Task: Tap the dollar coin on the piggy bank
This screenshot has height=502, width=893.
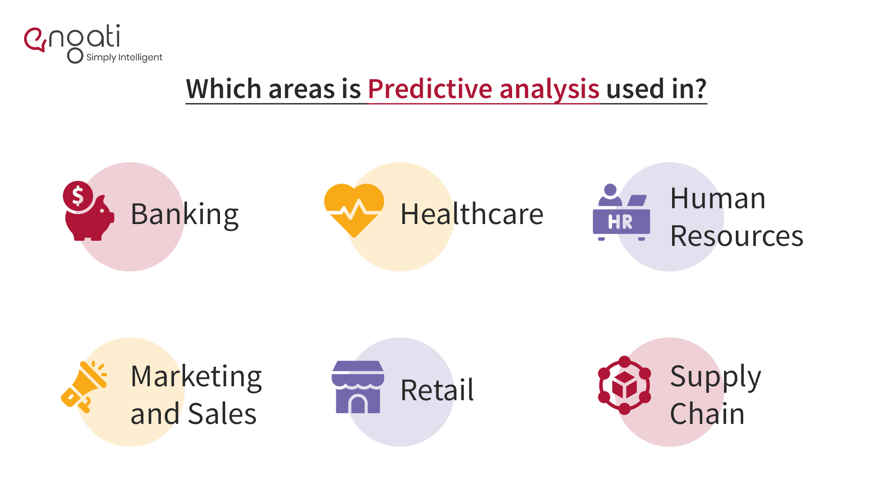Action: [x=78, y=196]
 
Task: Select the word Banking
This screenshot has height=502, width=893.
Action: [x=185, y=215]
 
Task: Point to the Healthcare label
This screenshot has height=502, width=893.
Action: [x=472, y=215]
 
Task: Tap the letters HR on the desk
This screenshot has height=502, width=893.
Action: [x=620, y=222]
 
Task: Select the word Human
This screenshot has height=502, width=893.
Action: [x=718, y=199]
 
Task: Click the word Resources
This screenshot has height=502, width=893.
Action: [x=737, y=237]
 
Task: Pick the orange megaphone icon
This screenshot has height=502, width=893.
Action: [x=85, y=386]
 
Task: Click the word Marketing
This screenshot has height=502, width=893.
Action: [x=196, y=376]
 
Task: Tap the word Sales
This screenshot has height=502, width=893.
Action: [x=222, y=414]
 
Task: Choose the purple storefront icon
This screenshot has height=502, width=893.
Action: [x=358, y=387]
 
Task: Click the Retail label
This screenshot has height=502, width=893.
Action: [x=437, y=390]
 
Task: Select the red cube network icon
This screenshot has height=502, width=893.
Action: [x=624, y=385]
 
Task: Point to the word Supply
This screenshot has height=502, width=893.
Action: [x=715, y=376]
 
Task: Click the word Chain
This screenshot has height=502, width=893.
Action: [x=707, y=414]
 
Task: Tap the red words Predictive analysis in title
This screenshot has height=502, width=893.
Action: [x=484, y=89]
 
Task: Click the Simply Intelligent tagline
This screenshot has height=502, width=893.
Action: [x=124, y=58]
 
